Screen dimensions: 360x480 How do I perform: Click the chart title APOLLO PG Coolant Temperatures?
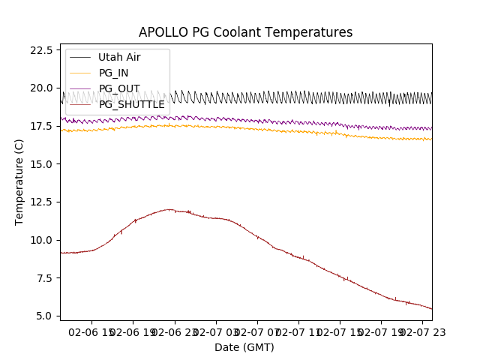coord(245,32)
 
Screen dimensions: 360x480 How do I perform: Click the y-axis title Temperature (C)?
coord(19,182)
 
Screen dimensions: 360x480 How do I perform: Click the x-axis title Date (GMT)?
coord(244,347)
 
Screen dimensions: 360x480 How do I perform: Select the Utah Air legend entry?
coord(119,57)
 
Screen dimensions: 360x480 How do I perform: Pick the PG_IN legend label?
coord(114,73)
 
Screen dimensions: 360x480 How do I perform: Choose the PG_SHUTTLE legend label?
coord(132,104)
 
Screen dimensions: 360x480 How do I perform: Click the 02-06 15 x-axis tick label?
coord(91,331)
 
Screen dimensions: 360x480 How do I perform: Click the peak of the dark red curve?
coord(169,209)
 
